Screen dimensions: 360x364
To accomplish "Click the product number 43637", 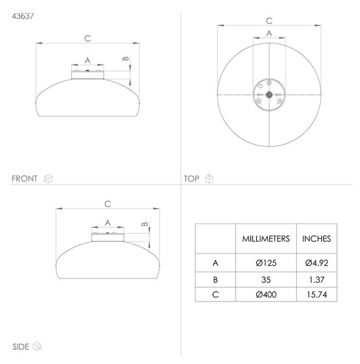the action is [x=22, y=16].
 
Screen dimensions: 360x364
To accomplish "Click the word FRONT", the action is [x=24, y=178].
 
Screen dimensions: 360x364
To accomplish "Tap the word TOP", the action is [x=192, y=178].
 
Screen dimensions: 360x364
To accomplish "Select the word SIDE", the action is [x=21, y=346].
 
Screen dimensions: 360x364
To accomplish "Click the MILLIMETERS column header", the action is [x=266, y=238].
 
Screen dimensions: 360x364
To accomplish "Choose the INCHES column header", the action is [x=316, y=238].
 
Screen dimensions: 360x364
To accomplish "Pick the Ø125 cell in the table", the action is [x=266, y=263].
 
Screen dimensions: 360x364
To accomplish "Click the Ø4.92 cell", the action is [x=316, y=263].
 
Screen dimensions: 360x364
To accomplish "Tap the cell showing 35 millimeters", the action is [x=266, y=280].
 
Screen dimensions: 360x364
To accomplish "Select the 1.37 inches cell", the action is [x=316, y=280].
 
